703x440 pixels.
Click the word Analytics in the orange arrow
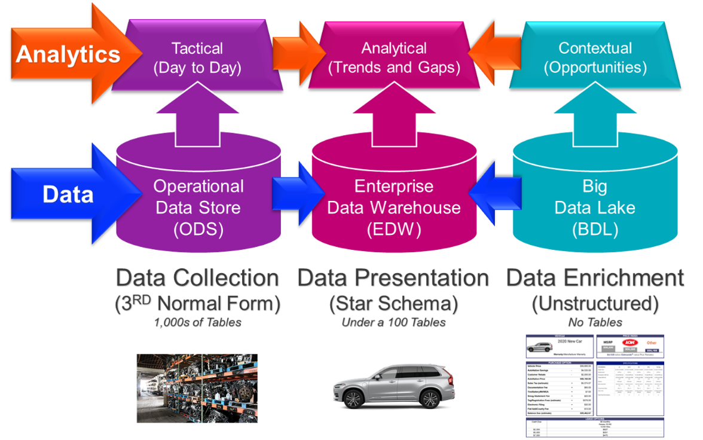pos(68,54)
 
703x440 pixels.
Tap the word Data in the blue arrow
pos(68,194)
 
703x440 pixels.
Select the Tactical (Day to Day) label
pos(197,58)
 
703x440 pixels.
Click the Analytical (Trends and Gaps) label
pos(394,58)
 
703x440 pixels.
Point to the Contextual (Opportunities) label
pos(595,58)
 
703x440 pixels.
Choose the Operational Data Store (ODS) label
pos(198,207)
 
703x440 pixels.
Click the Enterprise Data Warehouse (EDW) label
pos(394,207)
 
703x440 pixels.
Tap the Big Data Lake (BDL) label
pos(595,207)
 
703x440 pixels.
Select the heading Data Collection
pos(198,278)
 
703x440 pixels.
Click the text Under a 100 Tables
pos(394,323)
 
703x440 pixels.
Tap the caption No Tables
pos(595,323)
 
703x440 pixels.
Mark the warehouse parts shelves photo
pos(197,388)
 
